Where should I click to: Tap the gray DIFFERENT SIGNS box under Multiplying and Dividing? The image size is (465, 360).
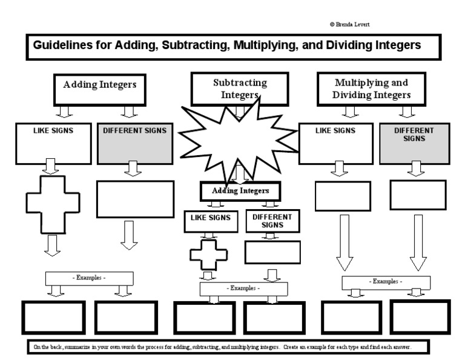(x=414, y=144)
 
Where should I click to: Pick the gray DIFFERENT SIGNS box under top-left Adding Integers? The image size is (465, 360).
(x=134, y=144)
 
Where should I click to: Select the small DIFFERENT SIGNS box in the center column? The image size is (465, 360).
(x=272, y=221)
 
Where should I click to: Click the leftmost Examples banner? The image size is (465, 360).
(x=89, y=278)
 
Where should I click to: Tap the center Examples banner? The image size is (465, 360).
(x=243, y=288)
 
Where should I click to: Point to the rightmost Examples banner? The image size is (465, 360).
(x=386, y=282)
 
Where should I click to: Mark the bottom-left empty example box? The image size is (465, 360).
(x=54, y=317)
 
